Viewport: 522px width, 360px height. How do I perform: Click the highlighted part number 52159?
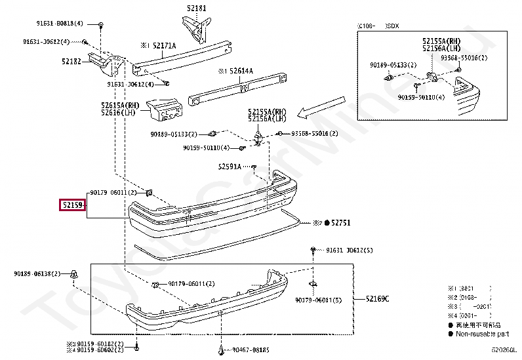[72, 206]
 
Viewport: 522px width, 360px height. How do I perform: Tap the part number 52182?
[72, 61]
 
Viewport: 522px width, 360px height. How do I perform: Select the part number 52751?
[341, 223]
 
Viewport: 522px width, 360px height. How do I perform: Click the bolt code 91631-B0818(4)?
[60, 24]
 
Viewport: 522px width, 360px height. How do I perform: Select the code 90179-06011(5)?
[319, 300]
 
